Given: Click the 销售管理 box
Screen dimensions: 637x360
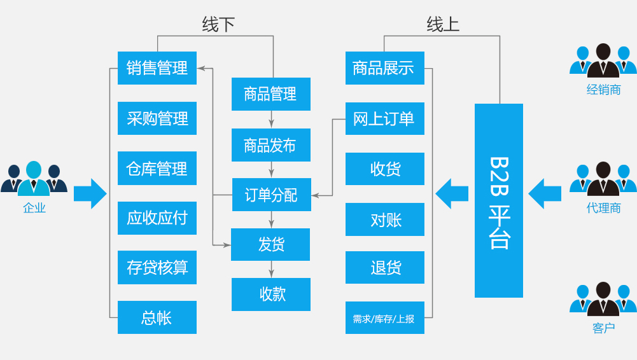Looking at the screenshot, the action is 157,68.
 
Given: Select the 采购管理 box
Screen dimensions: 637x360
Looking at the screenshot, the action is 157,118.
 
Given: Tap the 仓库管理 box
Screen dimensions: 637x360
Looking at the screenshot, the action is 157,168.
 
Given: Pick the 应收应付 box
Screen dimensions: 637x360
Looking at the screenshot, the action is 157,218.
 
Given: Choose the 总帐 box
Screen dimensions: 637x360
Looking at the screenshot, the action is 157,317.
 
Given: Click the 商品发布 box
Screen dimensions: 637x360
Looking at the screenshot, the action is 271,145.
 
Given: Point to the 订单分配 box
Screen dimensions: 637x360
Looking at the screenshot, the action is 271,195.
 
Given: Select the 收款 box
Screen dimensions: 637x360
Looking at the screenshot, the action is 271,294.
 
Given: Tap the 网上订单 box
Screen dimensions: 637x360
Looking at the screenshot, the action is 385,118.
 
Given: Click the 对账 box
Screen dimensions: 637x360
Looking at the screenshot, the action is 385,219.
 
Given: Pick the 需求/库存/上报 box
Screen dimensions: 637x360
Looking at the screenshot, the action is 385,318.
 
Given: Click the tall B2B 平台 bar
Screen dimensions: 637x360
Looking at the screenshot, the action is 499,200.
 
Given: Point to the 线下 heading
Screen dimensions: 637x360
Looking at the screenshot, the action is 218,24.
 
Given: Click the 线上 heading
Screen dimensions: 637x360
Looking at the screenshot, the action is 443,24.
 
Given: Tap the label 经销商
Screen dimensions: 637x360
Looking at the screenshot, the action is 604,90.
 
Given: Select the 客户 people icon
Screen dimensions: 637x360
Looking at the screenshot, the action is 603,299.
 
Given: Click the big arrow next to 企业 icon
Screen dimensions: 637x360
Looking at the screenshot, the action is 90,193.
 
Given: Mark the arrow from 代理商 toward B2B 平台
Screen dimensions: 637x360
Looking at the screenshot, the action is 545,193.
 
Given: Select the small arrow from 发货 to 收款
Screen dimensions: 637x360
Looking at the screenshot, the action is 271,270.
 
